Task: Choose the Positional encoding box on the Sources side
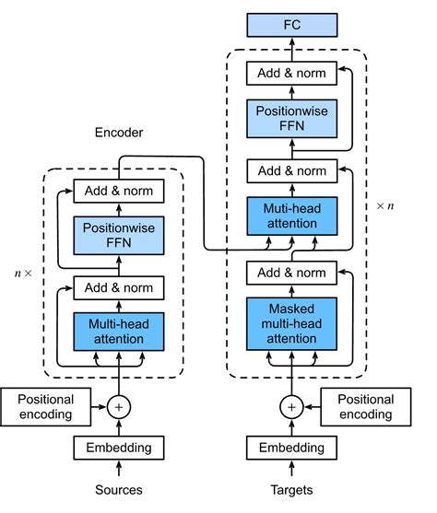click(46, 406)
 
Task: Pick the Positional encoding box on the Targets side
click(365, 406)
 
